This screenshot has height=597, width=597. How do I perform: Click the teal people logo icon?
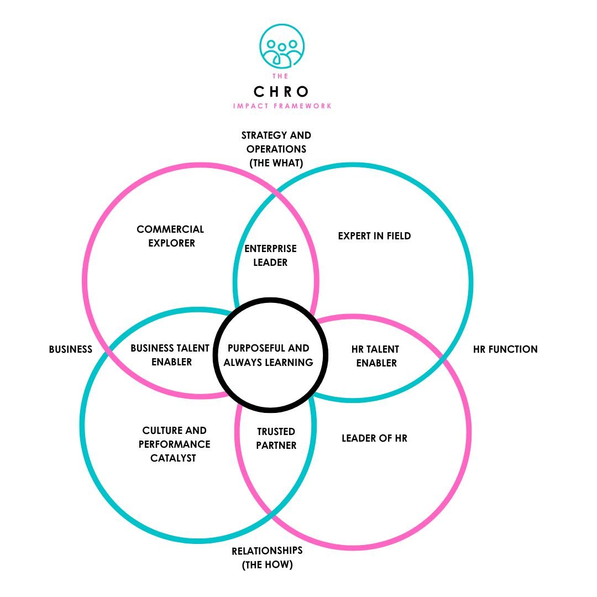coord(282,46)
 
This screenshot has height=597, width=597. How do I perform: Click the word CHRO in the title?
coord(282,91)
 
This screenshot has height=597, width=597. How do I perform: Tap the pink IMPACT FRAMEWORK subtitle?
coord(282,106)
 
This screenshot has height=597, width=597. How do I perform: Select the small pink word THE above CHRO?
coord(282,76)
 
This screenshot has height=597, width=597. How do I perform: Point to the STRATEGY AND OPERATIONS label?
coord(276,149)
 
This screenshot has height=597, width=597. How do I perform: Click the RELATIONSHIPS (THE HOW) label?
coord(267,558)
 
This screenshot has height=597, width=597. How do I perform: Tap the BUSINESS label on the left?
coord(70,349)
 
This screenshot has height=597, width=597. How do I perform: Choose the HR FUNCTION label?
coord(505,349)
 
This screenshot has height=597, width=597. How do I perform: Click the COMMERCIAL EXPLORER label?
coord(170,236)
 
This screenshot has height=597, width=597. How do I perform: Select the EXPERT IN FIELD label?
coord(374,236)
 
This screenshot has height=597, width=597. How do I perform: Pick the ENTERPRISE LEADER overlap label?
coord(270,255)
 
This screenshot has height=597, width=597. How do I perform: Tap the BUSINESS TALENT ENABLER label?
coord(170,355)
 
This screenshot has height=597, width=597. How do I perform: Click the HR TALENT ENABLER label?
coord(376,356)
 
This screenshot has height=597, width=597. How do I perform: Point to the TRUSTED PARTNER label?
coord(276,438)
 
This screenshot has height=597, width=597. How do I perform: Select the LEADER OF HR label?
coord(374,438)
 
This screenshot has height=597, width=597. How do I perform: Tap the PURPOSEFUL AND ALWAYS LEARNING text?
coord(269,355)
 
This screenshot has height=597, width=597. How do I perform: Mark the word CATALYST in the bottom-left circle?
coord(174,458)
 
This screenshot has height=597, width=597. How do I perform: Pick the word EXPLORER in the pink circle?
coord(171,243)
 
